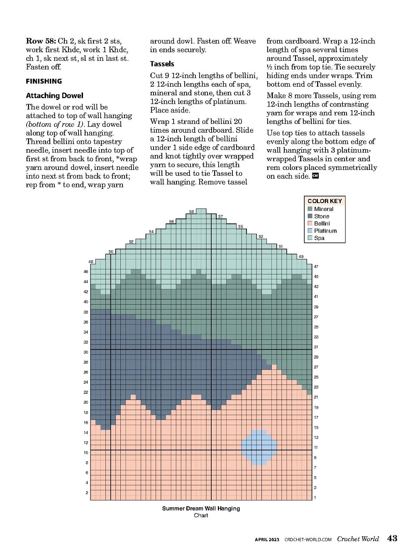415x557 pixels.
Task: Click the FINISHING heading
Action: (44, 81)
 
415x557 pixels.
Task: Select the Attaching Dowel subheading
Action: (55, 96)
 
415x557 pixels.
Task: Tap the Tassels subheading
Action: (162, 64)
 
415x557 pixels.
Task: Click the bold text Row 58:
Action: (41, 41)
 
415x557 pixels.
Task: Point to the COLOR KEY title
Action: (325, 201)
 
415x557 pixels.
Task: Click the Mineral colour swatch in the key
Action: (310, 209)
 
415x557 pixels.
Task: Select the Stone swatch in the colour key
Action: (310, 216)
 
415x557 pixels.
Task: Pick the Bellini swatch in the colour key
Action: (310, 223)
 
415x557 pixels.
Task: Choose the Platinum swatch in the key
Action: (310, 231)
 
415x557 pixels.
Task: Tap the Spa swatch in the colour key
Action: (310, 238)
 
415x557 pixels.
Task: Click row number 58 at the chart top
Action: (192, 211)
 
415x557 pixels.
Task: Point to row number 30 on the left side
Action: (86, 352)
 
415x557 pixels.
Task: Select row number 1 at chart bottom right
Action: (315, 498)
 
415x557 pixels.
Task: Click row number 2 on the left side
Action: (87, 493)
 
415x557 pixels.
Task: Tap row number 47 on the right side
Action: (316, 266)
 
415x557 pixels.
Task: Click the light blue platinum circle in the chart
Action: (259, 448)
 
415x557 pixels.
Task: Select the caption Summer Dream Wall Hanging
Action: (201, 509)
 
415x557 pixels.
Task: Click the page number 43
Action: (392, 538)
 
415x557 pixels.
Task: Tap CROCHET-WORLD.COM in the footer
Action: (308, 540)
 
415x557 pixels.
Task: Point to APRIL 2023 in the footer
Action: (267, 540)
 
